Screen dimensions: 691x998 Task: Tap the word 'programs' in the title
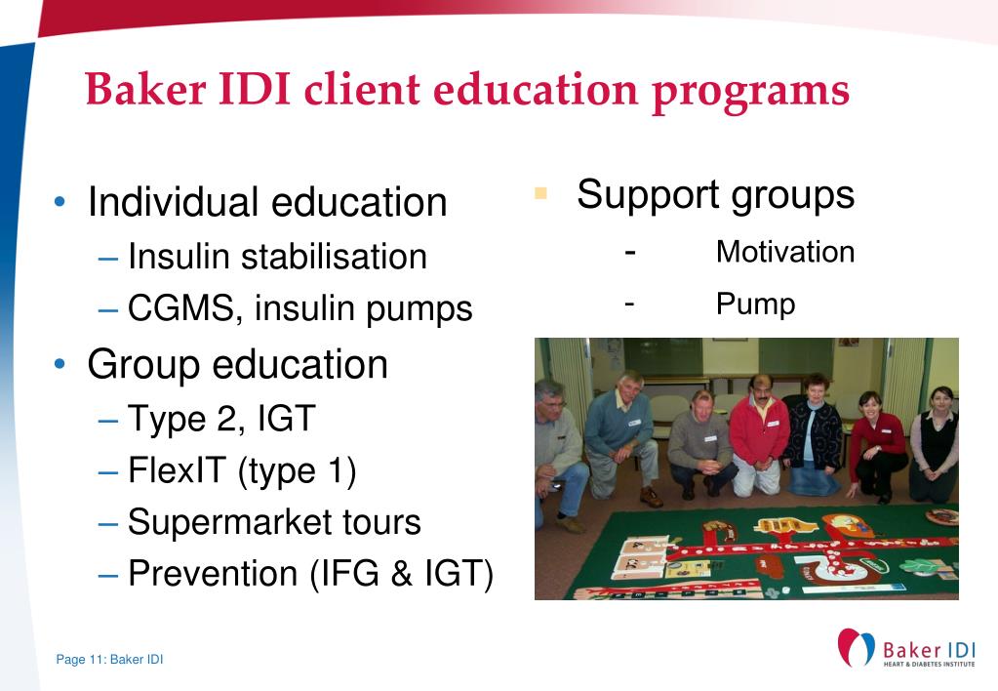point(750,91)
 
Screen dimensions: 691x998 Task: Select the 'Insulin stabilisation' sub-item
point(277,257)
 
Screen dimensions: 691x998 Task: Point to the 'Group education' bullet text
point(237,364)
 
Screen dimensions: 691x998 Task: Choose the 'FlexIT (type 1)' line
point(242,471)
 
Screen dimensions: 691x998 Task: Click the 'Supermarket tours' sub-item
point(274,522)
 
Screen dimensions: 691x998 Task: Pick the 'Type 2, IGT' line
point(221,420)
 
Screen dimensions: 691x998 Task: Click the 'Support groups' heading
point(715,194)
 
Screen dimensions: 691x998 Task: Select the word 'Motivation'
point(784,252)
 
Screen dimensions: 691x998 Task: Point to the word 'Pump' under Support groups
point(755,304)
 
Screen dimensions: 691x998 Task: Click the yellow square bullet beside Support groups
point(540,192)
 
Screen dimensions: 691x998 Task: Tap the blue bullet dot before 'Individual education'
point(61,203)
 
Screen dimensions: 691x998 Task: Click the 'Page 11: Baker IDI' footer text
point(109,660)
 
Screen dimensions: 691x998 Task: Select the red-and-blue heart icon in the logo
point(857,648)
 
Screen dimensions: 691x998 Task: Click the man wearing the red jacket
point(759,429)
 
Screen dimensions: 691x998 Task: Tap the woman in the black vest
point(934,439)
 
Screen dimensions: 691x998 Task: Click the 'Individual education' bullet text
point(266,203)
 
